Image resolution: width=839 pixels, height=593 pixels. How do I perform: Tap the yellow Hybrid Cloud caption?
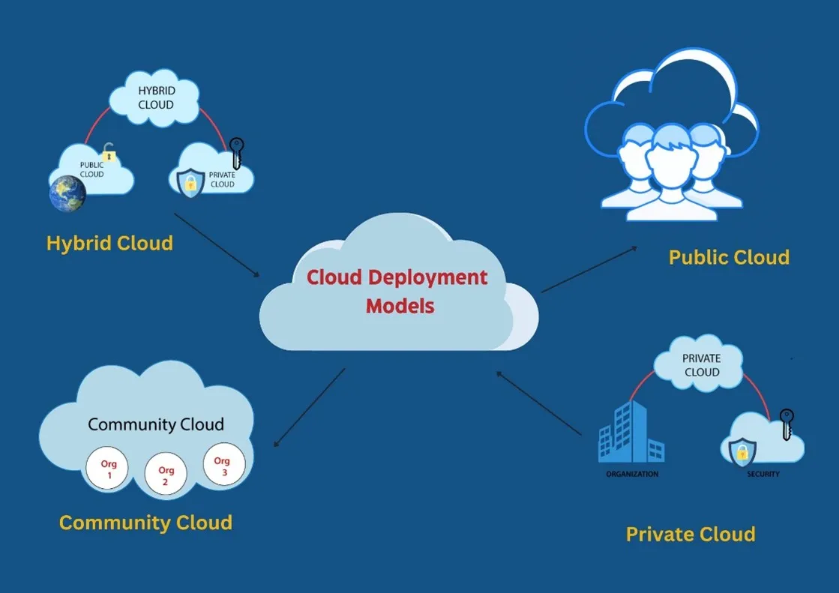109,244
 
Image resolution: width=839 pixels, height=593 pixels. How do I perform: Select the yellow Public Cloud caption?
729,258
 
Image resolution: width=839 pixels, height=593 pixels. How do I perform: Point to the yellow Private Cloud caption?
690,535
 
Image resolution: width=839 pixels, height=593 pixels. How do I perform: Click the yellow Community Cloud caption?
145,523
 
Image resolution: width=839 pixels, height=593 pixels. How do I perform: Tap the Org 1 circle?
106,470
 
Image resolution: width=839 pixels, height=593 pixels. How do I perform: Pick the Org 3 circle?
223,465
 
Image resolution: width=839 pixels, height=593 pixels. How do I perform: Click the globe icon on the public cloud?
67,193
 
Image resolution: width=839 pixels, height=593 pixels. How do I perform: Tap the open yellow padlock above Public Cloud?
109,153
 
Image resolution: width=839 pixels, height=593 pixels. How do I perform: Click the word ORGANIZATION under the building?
632,475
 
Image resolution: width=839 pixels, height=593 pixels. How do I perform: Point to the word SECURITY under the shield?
763,475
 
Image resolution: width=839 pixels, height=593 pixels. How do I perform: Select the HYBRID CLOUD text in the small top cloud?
155,97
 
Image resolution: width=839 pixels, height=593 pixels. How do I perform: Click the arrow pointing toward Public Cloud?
589,268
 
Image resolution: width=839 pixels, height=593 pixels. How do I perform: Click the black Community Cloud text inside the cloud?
156,424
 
